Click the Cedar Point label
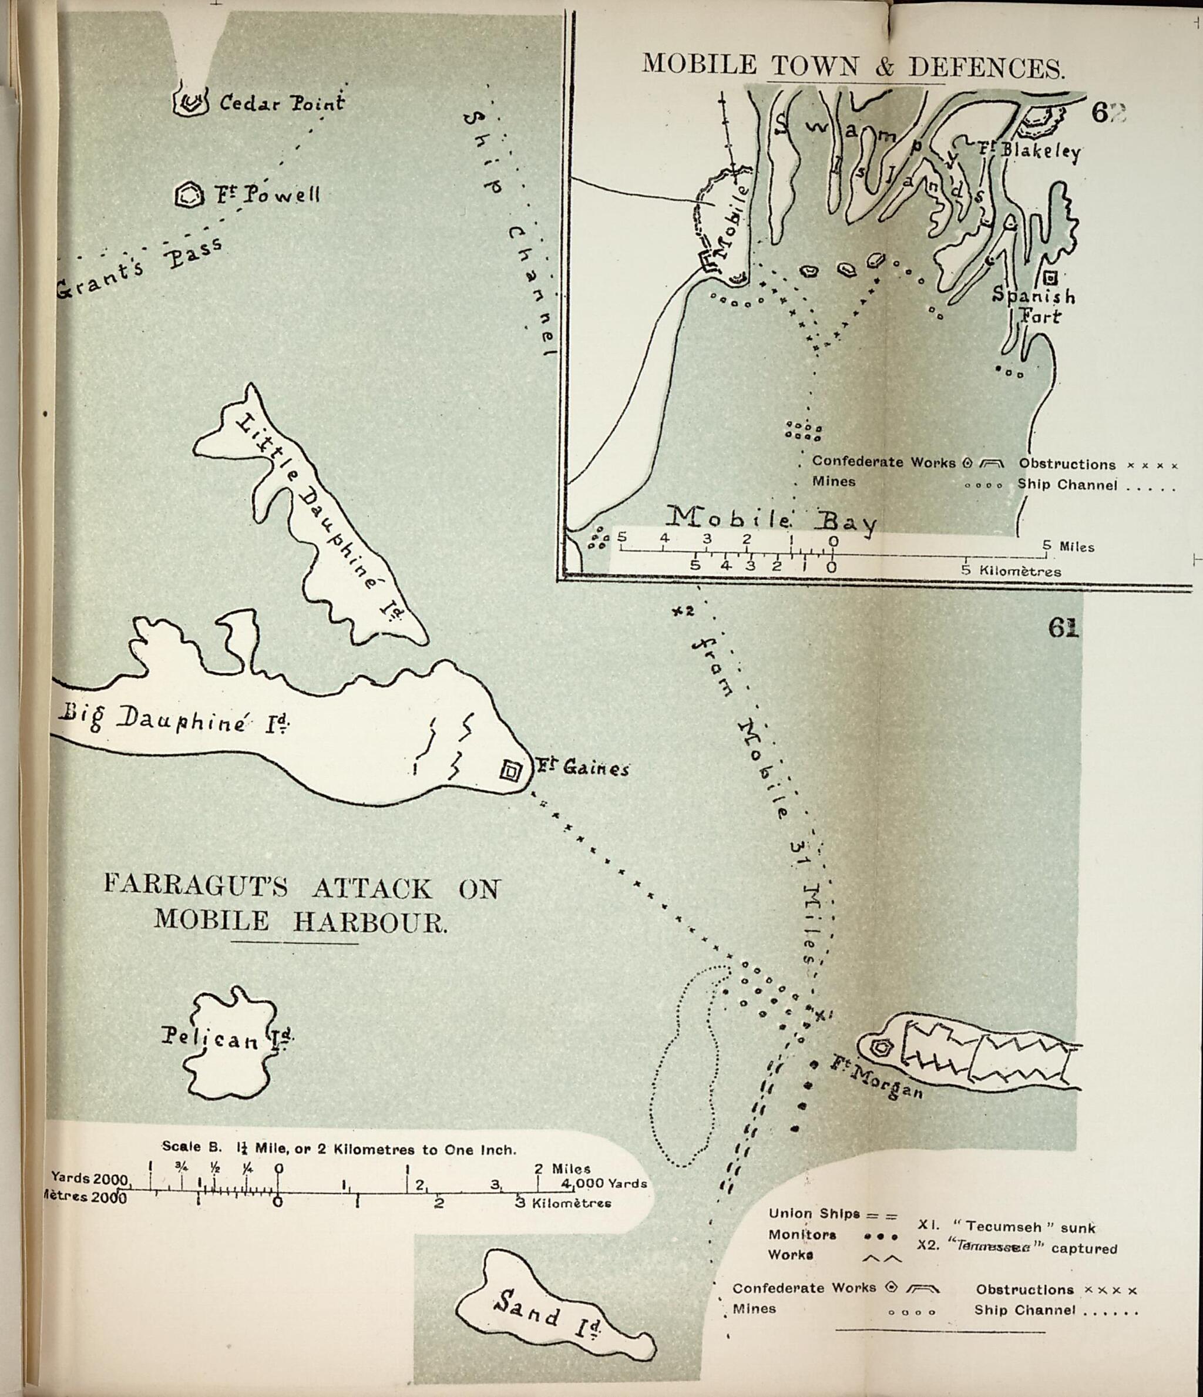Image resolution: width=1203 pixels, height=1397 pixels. pos(281,103)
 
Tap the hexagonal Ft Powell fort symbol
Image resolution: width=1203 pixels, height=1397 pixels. pos(189,196)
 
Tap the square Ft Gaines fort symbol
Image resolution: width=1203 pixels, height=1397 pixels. pos(510,770)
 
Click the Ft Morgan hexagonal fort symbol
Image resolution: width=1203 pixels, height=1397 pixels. pos(881,1047)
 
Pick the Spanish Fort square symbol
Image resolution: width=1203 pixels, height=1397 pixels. pos(1050,277)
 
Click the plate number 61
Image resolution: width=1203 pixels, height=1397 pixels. pos(1063,627)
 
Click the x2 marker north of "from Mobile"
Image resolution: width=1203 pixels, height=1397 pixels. pos(683,611)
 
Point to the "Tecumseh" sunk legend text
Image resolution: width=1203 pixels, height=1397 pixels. pos(1006,1227)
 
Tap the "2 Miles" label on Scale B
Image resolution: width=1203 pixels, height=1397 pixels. pos(562,1168)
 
